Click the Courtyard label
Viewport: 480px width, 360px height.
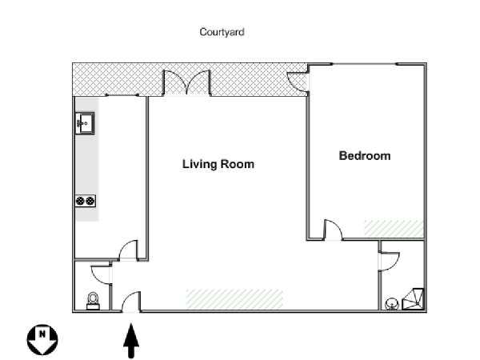pos(222,32)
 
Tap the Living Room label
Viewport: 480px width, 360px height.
pos(218,164)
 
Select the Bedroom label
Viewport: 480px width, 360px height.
pos(365,156)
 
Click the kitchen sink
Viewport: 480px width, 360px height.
pos(85,123)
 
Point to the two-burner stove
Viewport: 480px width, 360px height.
pos(86,201)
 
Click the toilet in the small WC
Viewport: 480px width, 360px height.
pos(93,301)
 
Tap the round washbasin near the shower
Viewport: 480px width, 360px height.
pos(391,304)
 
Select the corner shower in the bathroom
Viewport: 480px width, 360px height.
pos(413,299)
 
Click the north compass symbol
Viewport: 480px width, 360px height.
pos(42,339)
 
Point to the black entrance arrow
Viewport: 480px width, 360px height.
pos(131,341)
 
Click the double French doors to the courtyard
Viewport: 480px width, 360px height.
pos(187,83)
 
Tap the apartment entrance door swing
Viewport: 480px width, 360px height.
pos(132,302)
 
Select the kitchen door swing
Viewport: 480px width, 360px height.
pos(129,250)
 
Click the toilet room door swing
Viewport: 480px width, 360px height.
pos(102,274)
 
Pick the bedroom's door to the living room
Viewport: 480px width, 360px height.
pos(333,230)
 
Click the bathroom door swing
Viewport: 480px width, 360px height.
pos(390,262)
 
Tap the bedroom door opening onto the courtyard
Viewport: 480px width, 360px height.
pos(298,82)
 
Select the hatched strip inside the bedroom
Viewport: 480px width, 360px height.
pos(394,228)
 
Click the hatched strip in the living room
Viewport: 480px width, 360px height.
pos(234,298)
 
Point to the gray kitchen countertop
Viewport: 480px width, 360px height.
pos(87,159)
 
